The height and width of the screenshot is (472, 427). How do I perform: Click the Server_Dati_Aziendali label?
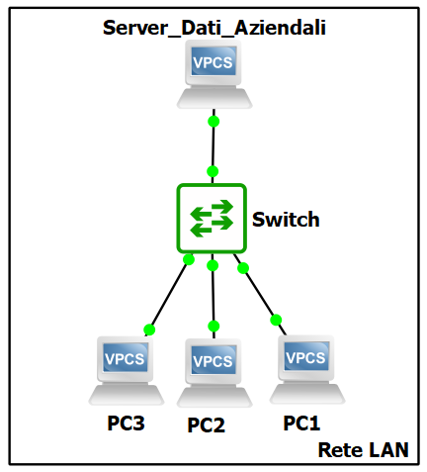tap(214, 29)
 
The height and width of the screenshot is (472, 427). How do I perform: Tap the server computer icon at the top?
tap(214, 74)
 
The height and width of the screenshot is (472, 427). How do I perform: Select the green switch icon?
tap(212, 219)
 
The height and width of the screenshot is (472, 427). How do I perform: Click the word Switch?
tap(286, 220)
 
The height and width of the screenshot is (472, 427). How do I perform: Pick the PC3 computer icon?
tap(127, 371)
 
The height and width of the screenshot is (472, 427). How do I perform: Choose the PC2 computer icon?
tap(214, 373)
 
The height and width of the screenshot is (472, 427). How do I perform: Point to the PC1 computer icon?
tap(307, 370)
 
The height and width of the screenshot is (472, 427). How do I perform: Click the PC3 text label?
tap(126, 424)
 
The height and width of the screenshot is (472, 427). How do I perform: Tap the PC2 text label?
tap(206, 425)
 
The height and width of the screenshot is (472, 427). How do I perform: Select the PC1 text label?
tap(301, 424)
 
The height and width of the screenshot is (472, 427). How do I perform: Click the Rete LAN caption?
tap(363, 450)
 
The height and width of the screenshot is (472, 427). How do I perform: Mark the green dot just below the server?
tap(213, 122)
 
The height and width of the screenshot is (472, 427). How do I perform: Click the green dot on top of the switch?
tap(213, 171)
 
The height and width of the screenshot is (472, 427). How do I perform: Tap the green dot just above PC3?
tap(149, 330)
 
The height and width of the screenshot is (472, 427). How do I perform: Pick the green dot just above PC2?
tap(213, 327)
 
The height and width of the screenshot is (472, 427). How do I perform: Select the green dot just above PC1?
tap(276, 320)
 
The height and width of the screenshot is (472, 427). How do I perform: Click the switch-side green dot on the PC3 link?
tap(189, 259)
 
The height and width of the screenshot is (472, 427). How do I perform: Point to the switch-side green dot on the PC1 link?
tap(243, 268)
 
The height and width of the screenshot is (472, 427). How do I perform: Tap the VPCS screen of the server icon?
tap(213, 61)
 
